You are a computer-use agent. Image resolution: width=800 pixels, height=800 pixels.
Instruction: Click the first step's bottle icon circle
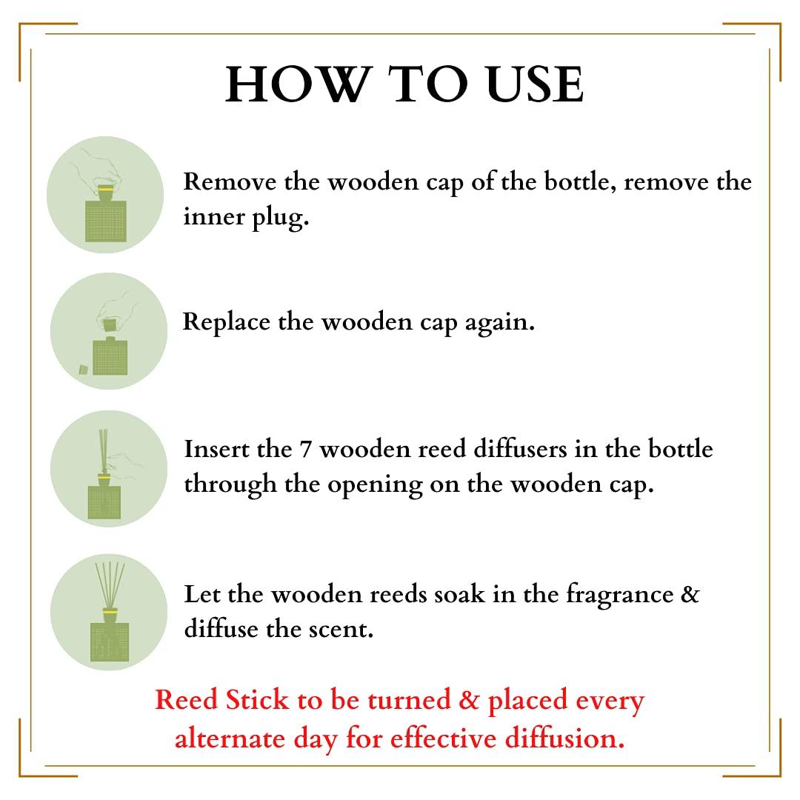[x=105, y=196]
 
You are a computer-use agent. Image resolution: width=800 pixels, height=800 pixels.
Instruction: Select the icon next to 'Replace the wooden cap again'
[x=108, y=331]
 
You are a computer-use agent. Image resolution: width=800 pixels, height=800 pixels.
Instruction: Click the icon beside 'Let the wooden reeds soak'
[x=108, y=613]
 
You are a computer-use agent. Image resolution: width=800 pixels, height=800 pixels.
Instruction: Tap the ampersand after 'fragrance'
[x=689, y=595]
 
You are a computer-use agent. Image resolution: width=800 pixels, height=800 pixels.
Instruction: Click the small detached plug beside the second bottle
[x=84, y=369]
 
